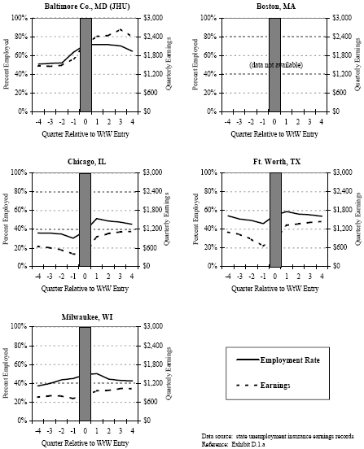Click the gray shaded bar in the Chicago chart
coord(86,219)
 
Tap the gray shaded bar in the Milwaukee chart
coord(86,373)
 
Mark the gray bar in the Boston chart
coord(274,64)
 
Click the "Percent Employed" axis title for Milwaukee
coord(7,373)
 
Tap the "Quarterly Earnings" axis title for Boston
coord(357,64)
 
